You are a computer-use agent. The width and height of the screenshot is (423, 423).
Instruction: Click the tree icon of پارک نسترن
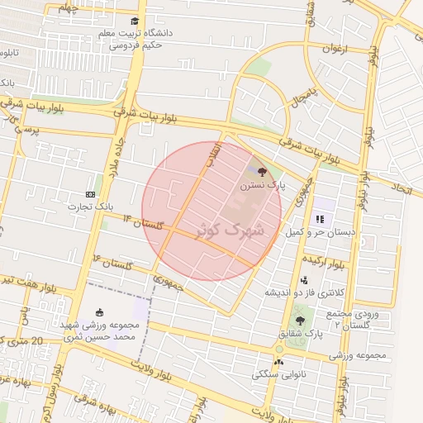point(262,172)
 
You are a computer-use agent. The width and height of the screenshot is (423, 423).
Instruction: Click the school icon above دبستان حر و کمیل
point(319,220)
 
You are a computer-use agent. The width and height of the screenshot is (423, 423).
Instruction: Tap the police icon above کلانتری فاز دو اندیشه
point(304,280)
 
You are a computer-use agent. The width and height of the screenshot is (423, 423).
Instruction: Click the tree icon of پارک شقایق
point(299,321)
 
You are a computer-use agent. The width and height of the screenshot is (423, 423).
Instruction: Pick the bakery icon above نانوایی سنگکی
point(278,360)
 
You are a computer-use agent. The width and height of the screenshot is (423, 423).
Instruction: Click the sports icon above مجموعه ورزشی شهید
point(100,312)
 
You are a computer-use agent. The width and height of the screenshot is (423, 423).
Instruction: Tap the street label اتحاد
point(402,189)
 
